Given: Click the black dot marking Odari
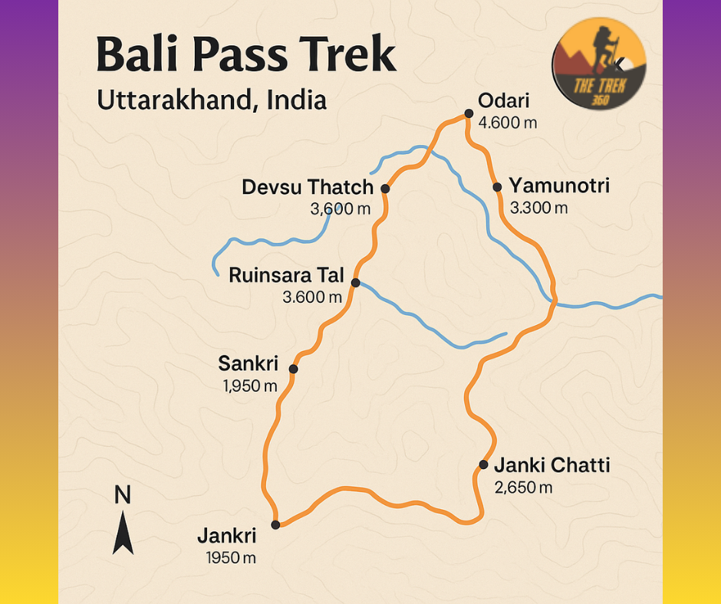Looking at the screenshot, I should [x=468, y=113].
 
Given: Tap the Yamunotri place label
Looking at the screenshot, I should [x=559, y=185].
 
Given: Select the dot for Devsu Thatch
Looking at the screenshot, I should [x=385, y=188].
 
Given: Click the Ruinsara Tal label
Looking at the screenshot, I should [x=286, y=274].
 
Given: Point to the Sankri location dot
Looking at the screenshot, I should [x=293, y=369].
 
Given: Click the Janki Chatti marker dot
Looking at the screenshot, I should [x=483, y=464].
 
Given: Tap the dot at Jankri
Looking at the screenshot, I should [x=275, y=525].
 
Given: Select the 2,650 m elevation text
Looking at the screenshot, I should [x=523, y=487].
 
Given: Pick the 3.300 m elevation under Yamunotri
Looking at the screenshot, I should [x=538, y=207].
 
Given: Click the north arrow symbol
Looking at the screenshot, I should [x=123, y=532].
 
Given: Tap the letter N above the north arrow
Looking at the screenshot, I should [x=122, y=495].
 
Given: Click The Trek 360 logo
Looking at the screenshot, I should [x=599, y=64].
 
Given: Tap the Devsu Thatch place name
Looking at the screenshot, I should [x=307, y=187].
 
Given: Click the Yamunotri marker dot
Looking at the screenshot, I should [x=497, y=186].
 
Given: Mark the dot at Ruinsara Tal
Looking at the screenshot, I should [x=355, y=283].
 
